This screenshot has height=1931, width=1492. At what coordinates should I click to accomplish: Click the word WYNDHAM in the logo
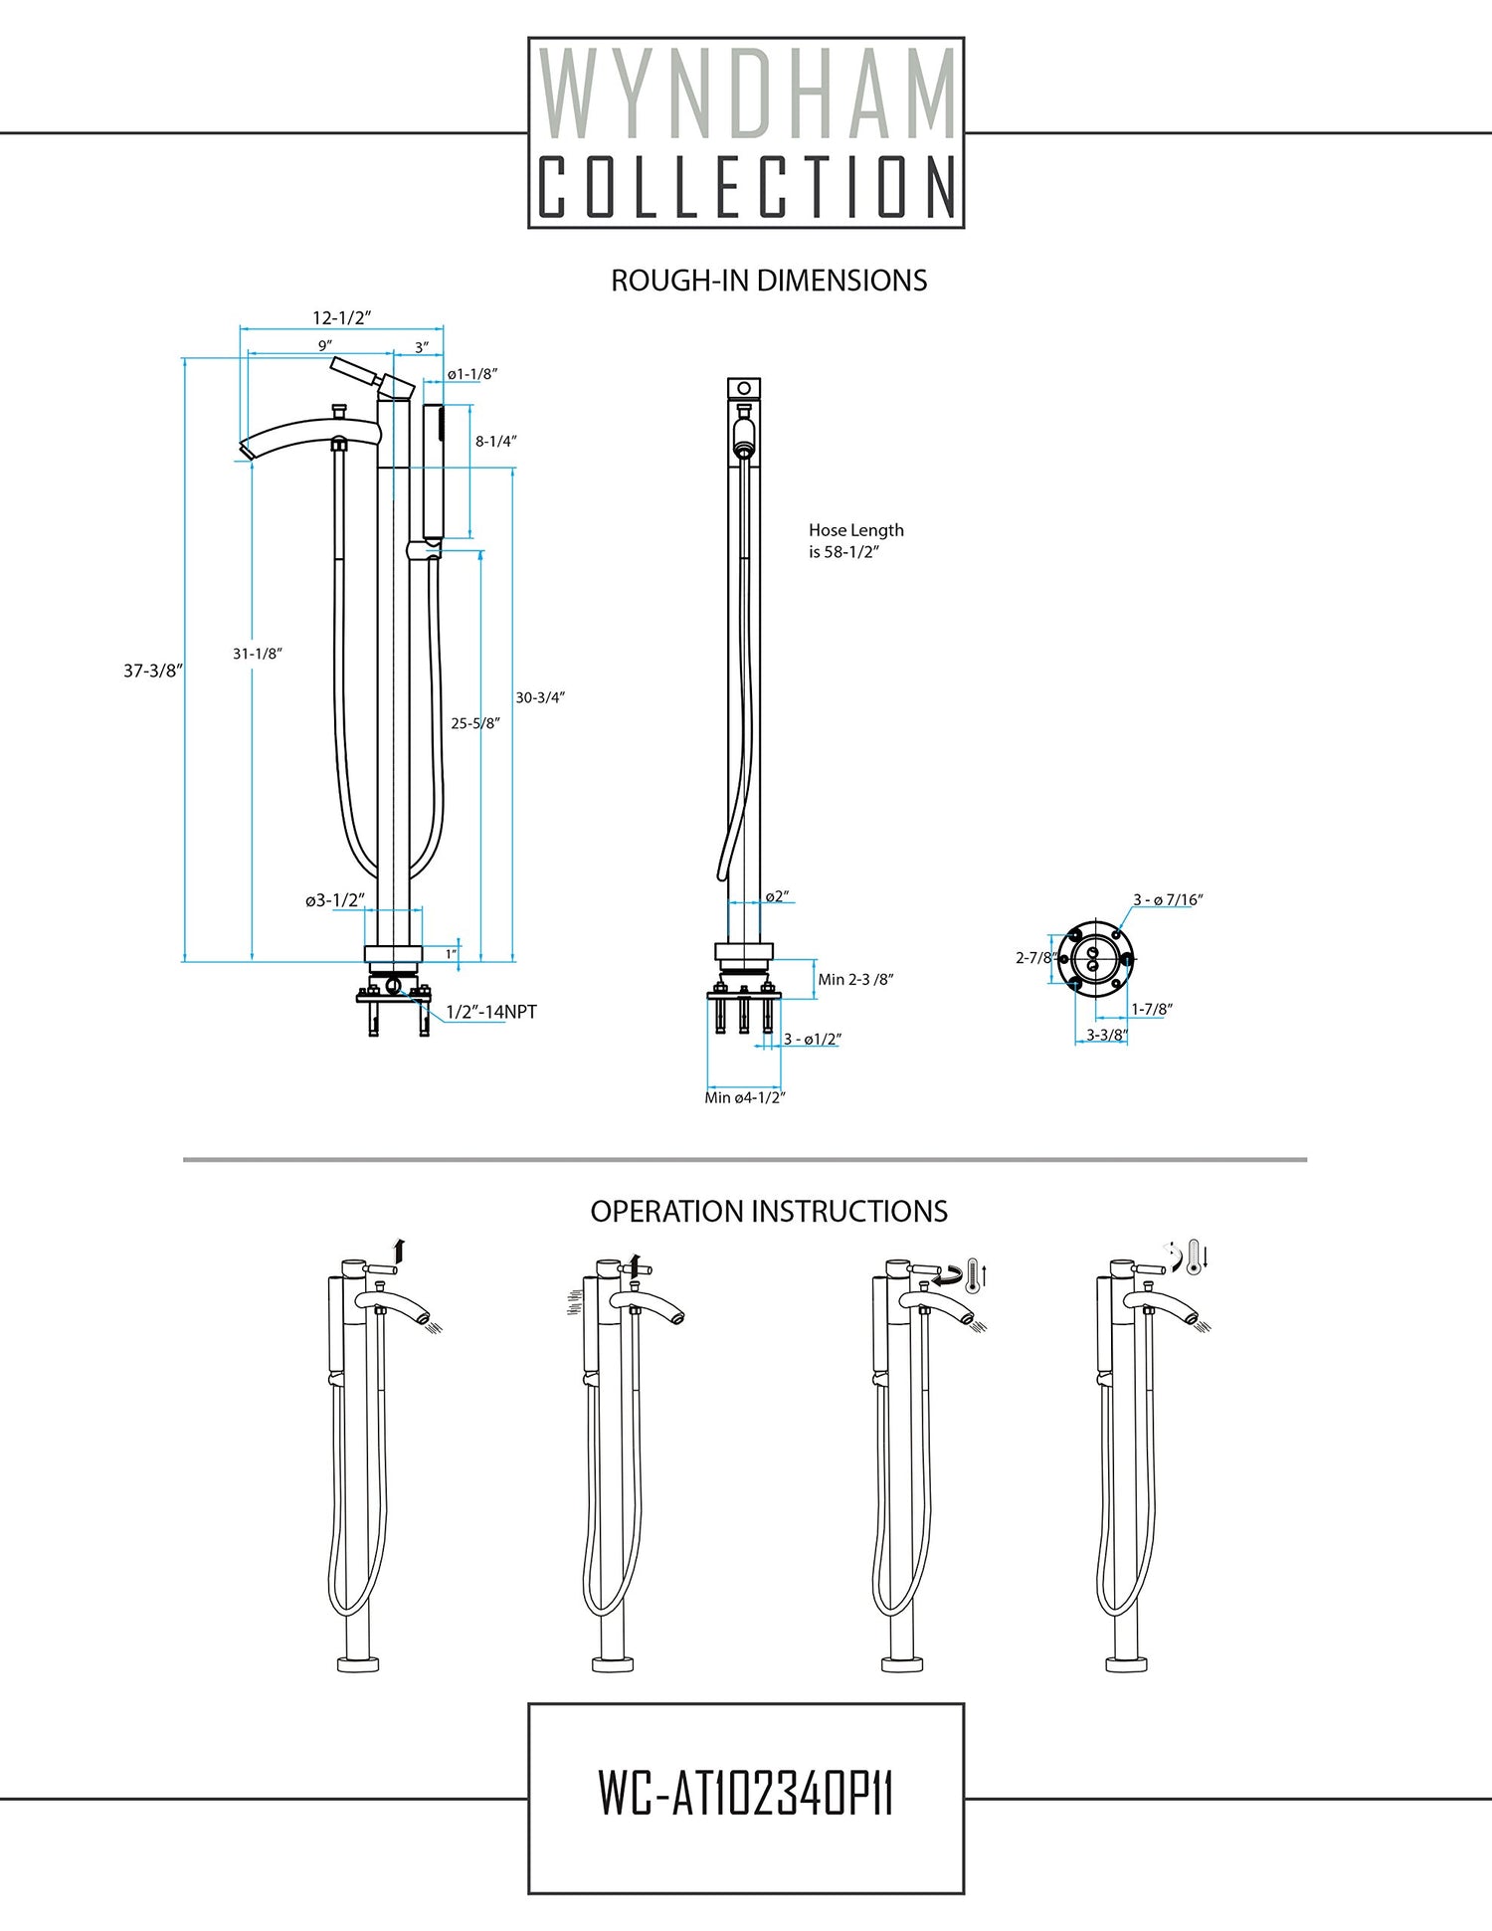[746, 95]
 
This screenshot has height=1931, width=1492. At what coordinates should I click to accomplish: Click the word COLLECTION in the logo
[746, 186]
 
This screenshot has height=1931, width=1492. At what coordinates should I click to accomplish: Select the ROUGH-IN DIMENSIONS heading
[768, 281]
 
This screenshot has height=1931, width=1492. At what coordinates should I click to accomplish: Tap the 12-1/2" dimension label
[341, 318]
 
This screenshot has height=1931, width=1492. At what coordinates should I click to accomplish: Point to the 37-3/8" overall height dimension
[152, 671]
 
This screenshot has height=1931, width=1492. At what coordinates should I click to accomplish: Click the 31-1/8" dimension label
[258, 654]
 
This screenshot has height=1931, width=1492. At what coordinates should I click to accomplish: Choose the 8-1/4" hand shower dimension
[495, 441]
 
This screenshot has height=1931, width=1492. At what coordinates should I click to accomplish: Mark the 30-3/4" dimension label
[540, 697]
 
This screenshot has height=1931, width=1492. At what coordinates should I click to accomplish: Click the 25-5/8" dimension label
[474, 723]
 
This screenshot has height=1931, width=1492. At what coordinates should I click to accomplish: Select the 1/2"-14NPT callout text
[490, 1012]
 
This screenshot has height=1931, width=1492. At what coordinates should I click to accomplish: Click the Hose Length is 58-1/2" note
[855, 541]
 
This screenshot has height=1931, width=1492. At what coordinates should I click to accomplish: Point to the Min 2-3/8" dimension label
[855, 980]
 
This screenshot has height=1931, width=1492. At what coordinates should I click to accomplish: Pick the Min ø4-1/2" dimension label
[745, 1097]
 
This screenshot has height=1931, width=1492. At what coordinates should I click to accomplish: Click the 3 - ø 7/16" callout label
[1168, 900]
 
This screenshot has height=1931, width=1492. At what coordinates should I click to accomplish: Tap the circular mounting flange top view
[1093, 958]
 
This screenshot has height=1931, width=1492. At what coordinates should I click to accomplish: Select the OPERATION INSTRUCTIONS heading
[768, 1212]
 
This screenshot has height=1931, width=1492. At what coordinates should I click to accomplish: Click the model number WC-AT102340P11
[746, 1793]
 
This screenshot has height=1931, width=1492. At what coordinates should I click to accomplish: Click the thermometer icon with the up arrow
[976, 1273]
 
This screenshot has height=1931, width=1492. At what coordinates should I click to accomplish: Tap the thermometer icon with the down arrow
[1196, 1257]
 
